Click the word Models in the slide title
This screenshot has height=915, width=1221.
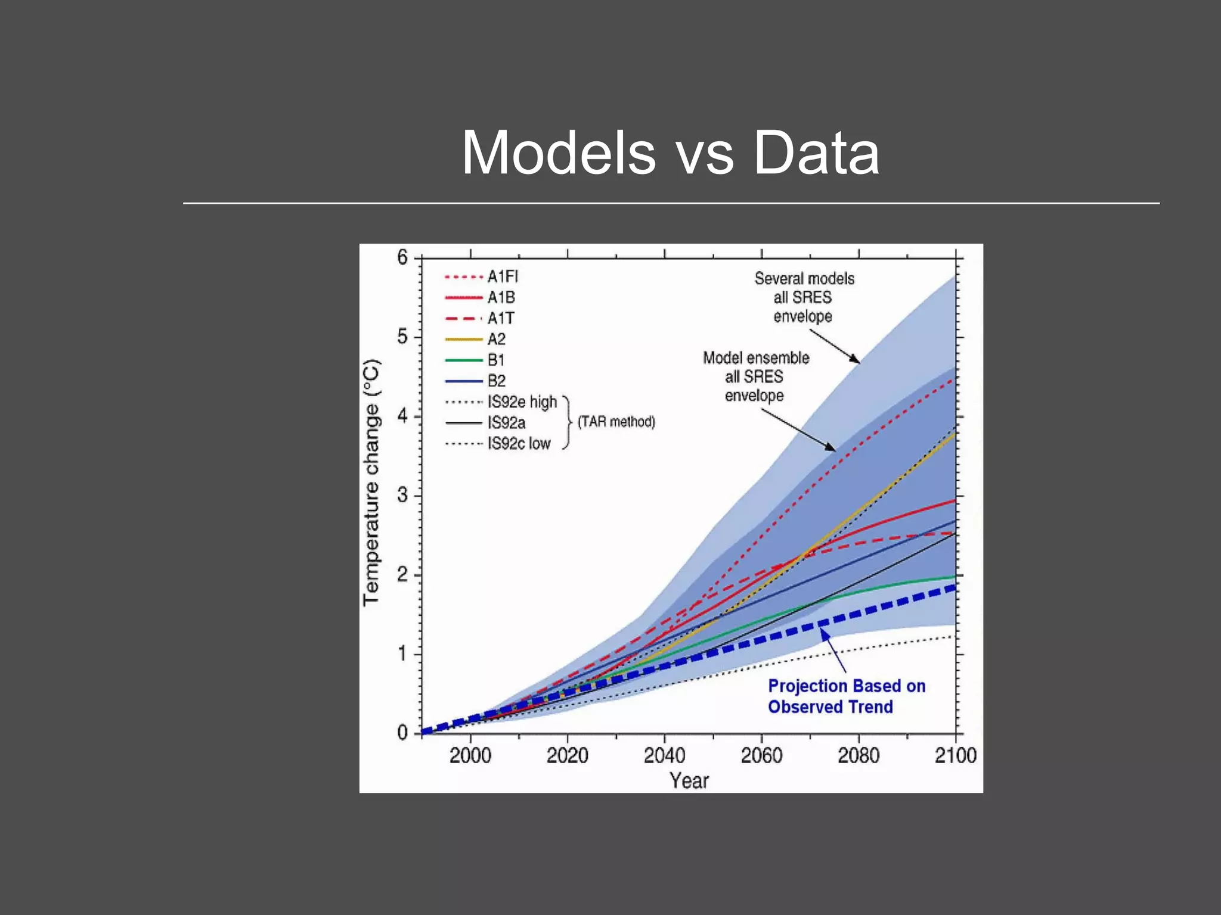tap(559, 153)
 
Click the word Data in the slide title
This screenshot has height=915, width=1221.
tap(816, 153)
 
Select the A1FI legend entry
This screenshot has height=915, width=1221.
tap(502, 276)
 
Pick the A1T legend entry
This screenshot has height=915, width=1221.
tap(500, 318)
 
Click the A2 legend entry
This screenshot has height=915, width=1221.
tap(495, 339)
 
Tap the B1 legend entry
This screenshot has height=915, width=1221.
tap(495, 360)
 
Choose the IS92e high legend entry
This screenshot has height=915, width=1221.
tap(522, 402)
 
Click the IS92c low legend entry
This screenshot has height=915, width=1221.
tap(518, 443)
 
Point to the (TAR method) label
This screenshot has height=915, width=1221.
tap(616, 422)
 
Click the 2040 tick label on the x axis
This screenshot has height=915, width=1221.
tap(664, 755)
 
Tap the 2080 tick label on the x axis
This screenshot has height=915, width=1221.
tap(858, 755)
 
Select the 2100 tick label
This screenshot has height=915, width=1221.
tap(955, 755)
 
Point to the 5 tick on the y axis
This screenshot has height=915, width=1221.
tap(403, 337)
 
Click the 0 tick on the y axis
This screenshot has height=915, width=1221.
tap(403, 733)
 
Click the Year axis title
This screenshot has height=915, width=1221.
tap(689, 780)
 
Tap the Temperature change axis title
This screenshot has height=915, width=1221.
tap(371, 483)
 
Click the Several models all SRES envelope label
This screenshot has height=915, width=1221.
tap(804, 297)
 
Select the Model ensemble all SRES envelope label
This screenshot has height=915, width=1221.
tap(755, 376)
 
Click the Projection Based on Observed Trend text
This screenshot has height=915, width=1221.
tap(845, 696)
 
